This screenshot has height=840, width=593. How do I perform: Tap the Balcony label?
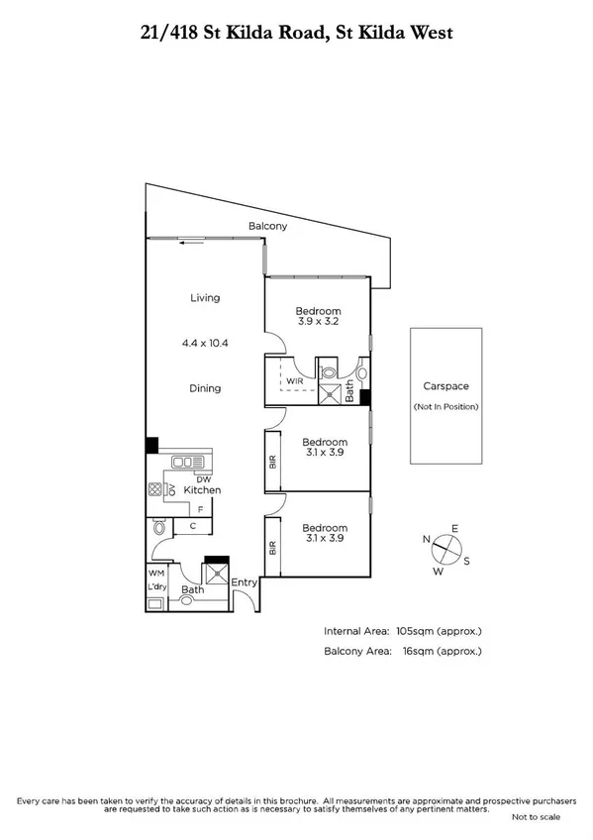pos(267,227)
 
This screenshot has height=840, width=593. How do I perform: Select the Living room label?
pos(205,297)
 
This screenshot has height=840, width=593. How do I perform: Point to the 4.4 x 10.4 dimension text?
pos(205,343)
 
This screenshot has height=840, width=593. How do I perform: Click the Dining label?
pos(205,388)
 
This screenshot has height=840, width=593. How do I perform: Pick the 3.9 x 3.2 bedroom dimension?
pos(318,321)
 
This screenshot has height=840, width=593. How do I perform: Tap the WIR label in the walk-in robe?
pos(294,380)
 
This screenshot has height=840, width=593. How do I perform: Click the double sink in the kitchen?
pos(185,462)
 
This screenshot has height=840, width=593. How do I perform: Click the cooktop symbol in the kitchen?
pos(155,489)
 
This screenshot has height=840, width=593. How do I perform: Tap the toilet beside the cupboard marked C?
pos(159,531)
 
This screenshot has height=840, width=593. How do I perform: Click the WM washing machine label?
pos(155,573)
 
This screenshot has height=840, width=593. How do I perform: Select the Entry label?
pos(244,582)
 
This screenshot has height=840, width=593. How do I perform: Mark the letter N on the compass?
pos(427,540)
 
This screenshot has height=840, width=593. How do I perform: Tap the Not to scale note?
pos(535,816)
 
